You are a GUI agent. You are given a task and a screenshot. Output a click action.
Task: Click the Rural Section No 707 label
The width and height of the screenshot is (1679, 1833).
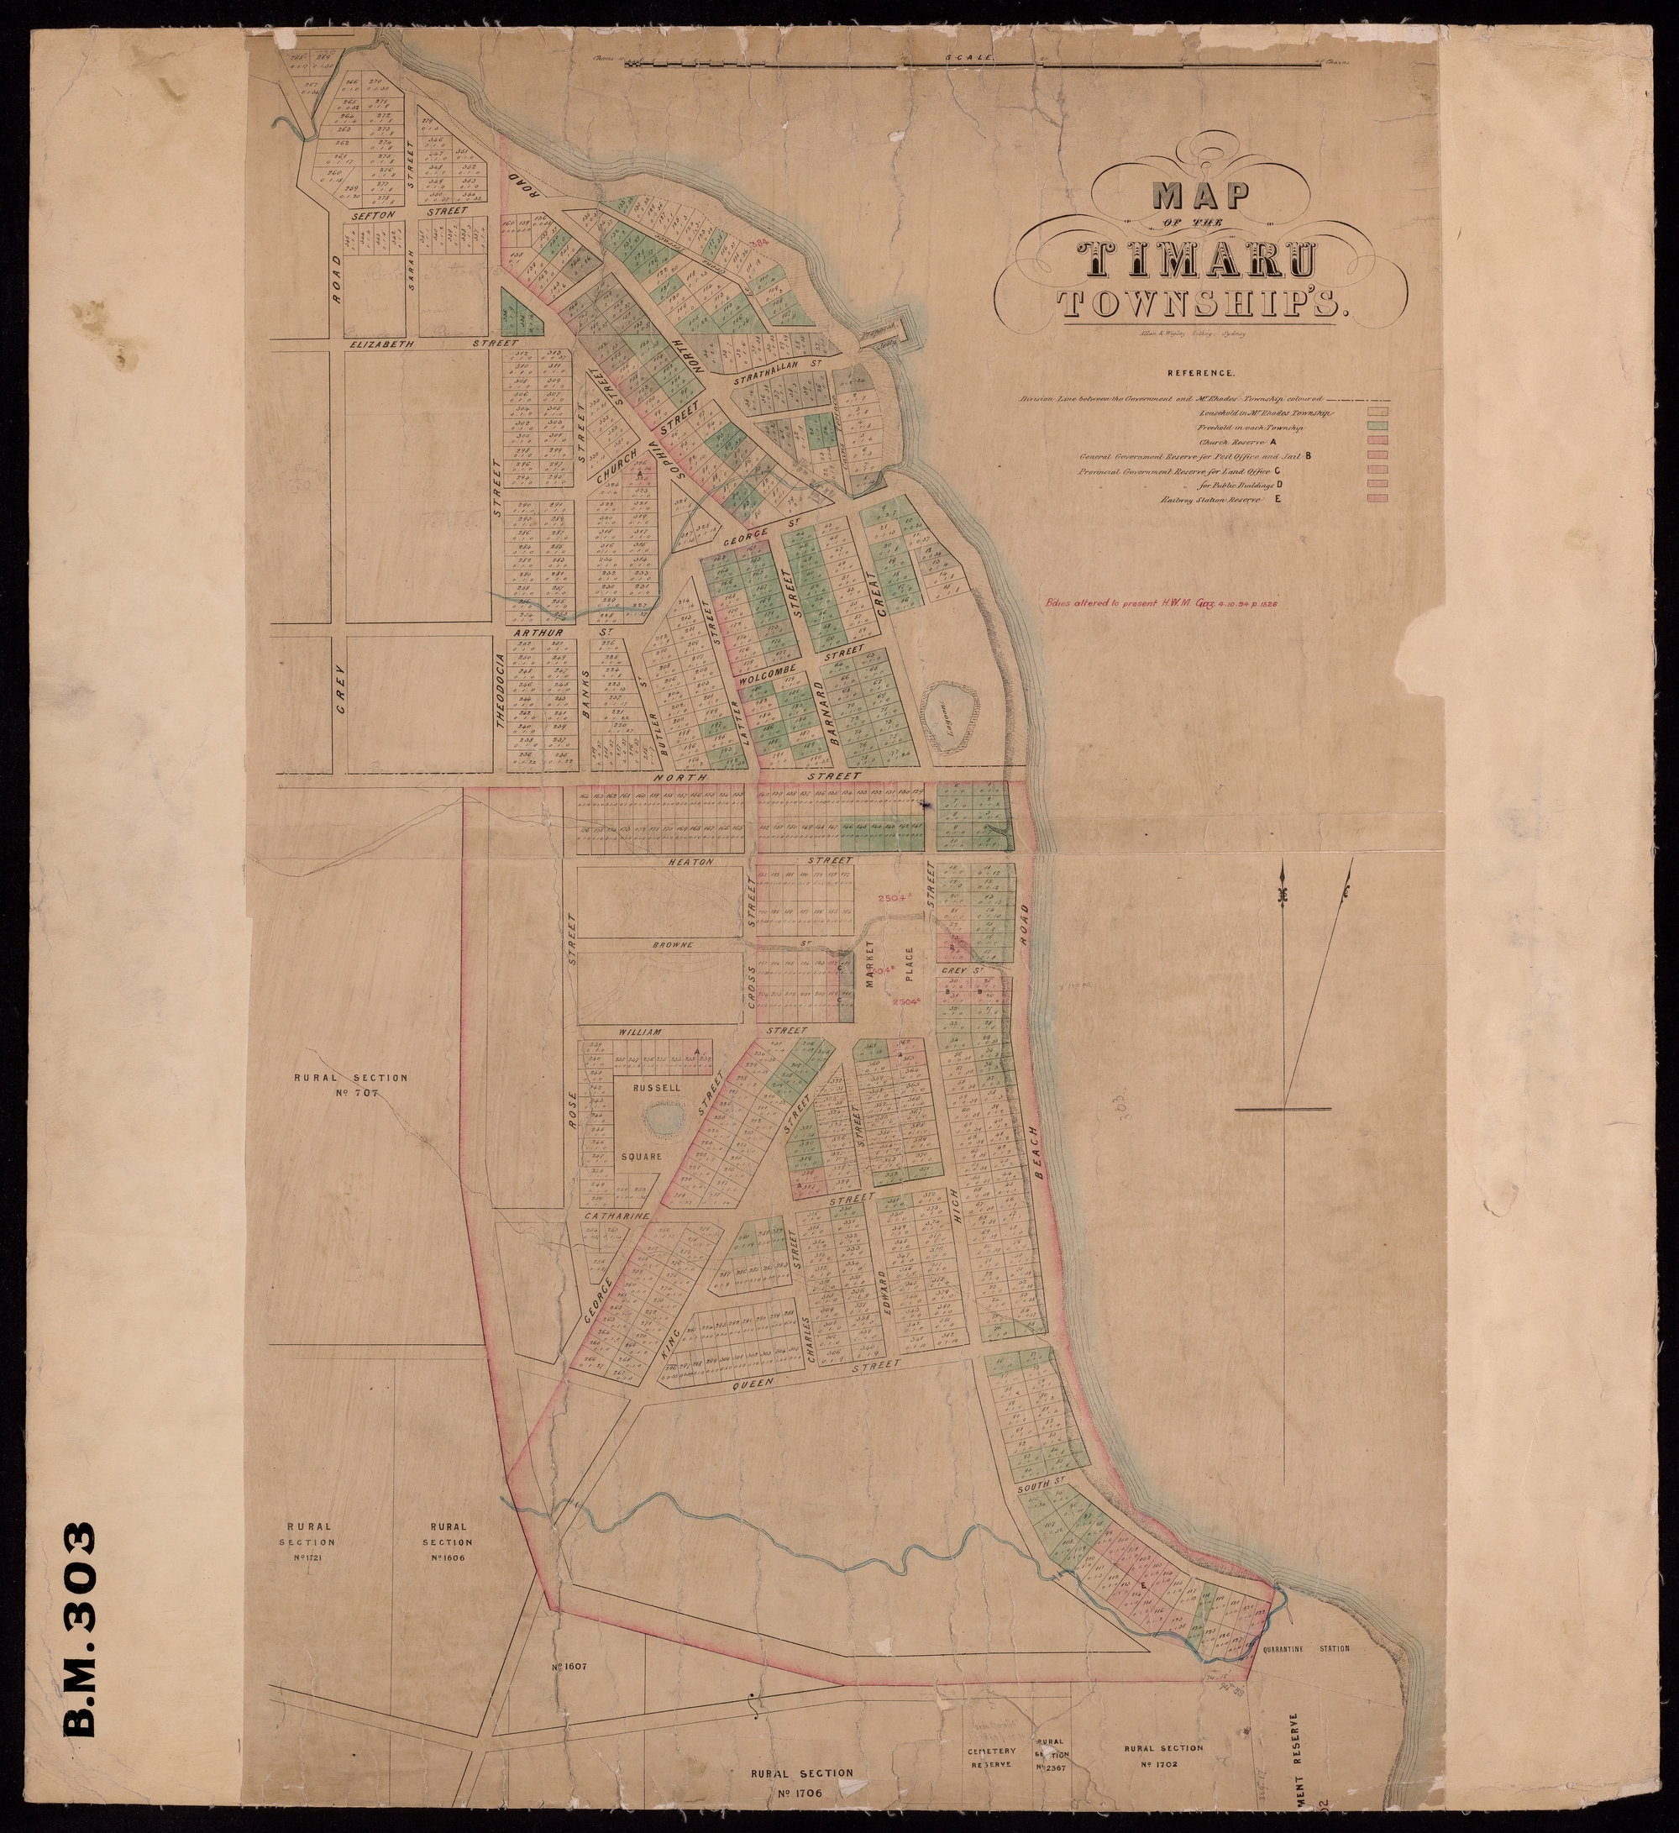point(349,1085)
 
